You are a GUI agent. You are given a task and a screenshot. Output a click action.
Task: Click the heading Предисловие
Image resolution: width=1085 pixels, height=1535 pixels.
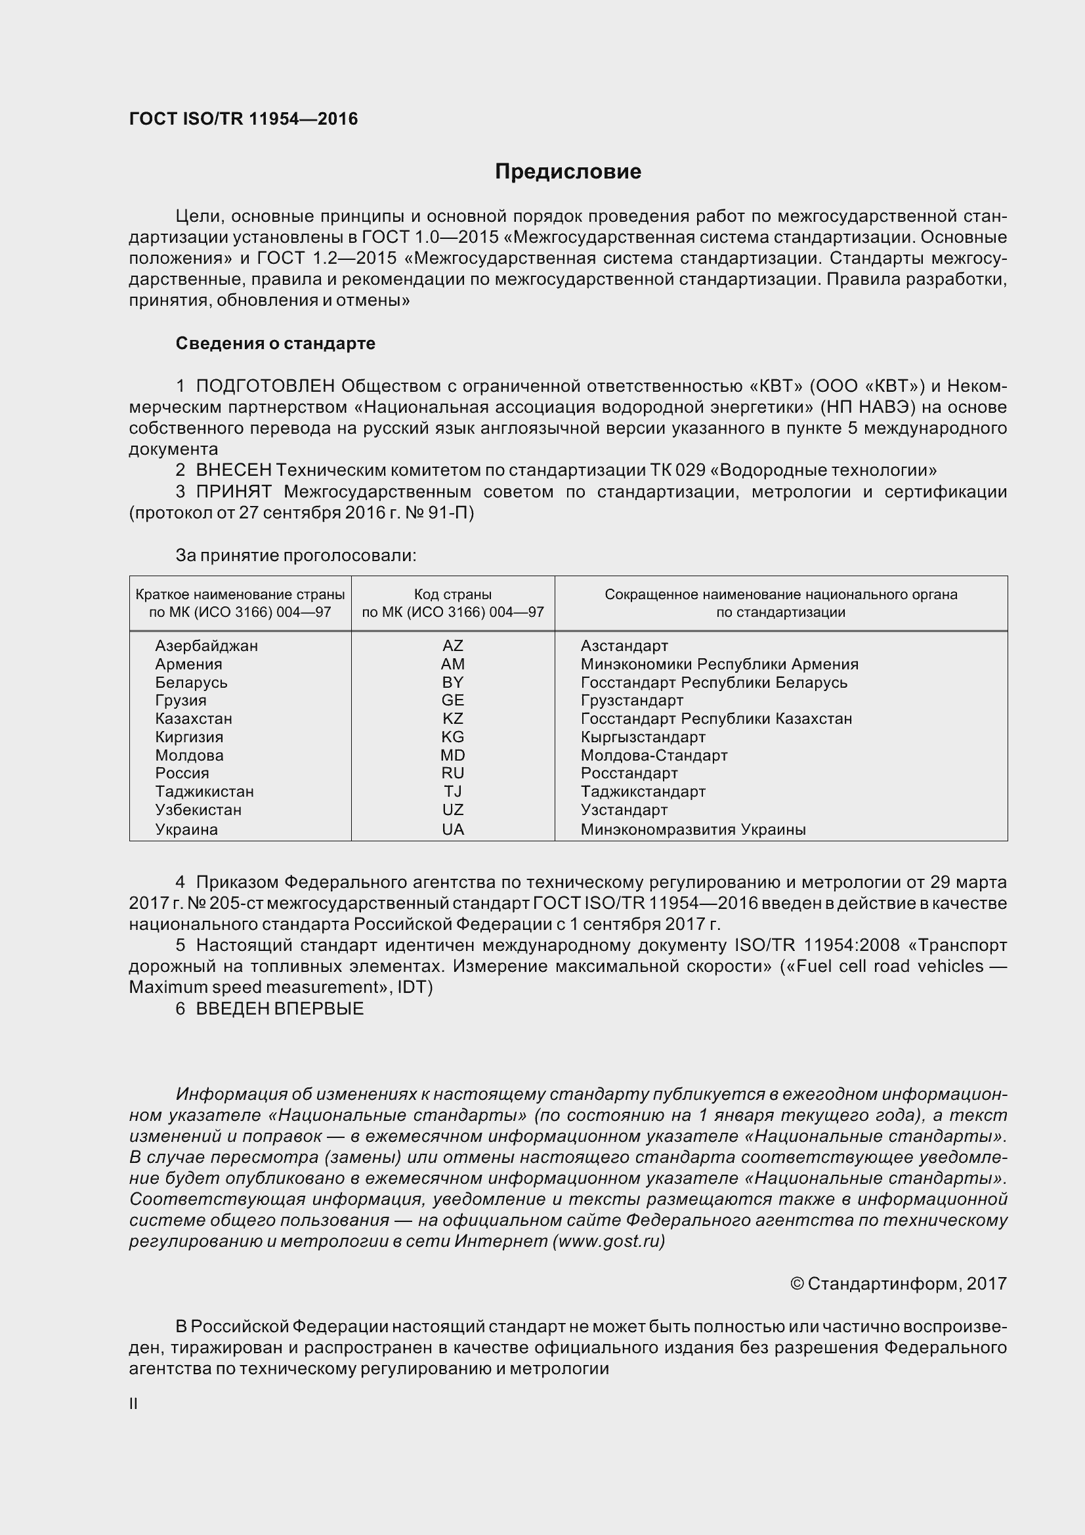[568, 172]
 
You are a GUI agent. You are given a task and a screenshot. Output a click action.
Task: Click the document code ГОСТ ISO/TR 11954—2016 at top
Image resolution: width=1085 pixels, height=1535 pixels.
[244, 119]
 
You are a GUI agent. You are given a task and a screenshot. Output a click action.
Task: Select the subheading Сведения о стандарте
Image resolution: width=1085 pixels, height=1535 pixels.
[276, 343]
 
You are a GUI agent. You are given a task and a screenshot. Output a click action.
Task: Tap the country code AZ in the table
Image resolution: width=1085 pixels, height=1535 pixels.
[453, 646]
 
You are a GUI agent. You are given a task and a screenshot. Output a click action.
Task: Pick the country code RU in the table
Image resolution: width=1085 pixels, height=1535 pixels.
[453, 773]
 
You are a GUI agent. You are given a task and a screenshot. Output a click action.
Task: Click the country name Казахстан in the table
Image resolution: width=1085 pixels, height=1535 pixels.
[193, 719]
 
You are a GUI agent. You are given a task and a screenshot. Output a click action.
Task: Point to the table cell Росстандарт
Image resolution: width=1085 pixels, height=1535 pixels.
[629, 773]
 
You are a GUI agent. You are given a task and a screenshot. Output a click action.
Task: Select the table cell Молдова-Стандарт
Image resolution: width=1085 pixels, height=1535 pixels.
[654, 755]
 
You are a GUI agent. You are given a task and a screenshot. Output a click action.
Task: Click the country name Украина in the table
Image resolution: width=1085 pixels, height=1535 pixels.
[186, 829]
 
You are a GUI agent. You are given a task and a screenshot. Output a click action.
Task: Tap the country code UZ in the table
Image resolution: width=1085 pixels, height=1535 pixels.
[453, 810]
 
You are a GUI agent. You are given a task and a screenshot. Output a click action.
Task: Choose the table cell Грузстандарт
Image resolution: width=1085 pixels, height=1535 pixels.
[631, 700]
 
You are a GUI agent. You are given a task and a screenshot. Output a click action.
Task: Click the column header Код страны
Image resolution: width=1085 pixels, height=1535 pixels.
[453, 595]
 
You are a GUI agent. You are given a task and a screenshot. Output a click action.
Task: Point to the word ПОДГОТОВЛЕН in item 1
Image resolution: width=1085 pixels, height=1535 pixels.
[265, 386]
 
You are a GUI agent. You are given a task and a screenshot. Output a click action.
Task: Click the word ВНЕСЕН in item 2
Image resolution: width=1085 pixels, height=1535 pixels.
[234, 470]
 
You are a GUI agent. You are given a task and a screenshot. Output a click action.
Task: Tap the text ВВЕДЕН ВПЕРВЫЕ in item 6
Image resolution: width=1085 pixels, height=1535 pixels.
[280, 1008]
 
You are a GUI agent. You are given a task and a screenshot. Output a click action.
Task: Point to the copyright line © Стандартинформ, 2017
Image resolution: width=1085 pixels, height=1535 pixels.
[898, 1283]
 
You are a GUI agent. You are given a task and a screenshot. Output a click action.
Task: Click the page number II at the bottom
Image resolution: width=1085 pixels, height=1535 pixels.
[133, 1403]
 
